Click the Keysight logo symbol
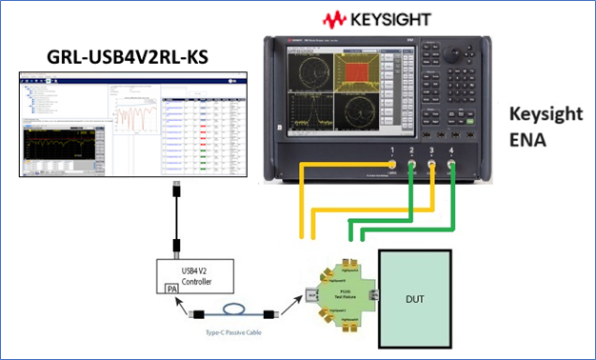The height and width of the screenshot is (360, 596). pos(335,18)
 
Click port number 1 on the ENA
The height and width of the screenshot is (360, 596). pos(391,152)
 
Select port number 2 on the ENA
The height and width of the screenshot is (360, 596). pos(411,152)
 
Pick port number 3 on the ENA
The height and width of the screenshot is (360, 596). pos(431,152)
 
